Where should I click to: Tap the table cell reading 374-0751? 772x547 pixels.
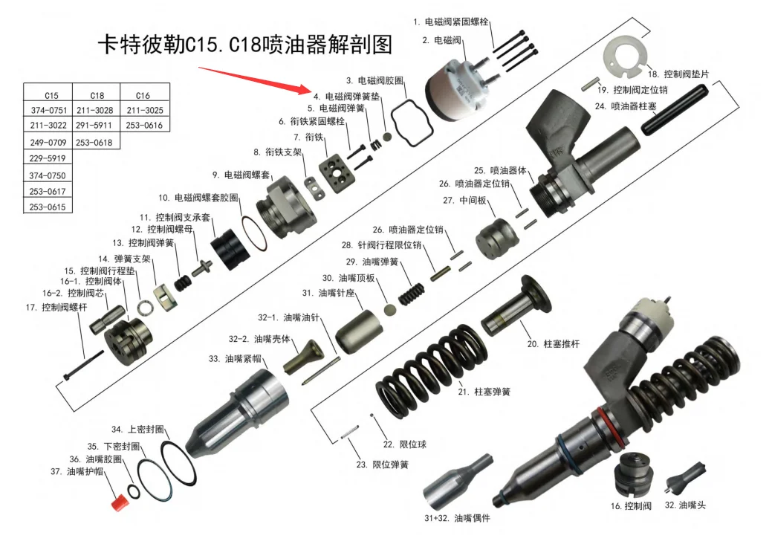click(48, 110)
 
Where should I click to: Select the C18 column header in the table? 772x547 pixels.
click(97, 95)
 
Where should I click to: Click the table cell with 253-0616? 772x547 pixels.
click(144, 126)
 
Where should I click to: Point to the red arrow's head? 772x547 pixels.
click(303, 91)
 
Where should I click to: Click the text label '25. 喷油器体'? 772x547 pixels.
click(499, 170)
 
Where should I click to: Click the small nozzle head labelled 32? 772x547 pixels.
click(680, 476)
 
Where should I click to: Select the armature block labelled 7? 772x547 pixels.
click(334, 173)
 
